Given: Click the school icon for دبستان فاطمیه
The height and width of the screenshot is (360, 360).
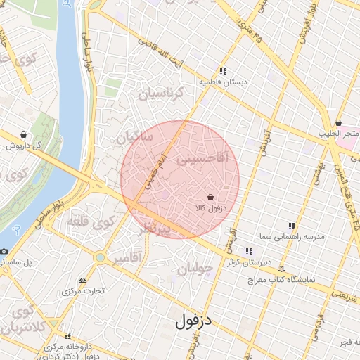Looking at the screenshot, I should tap(223, 72).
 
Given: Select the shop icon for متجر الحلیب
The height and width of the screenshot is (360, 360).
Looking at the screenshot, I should tap(338, 123).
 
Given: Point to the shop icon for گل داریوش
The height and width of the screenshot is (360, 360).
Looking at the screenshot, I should tap(25, 134).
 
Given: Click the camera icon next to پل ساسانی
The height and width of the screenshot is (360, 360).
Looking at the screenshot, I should tap(4, 252).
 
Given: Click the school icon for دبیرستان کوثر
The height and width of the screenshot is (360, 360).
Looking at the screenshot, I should tap(249, 251).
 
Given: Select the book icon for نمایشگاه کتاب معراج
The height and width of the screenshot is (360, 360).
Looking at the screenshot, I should tap(282, 269).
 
